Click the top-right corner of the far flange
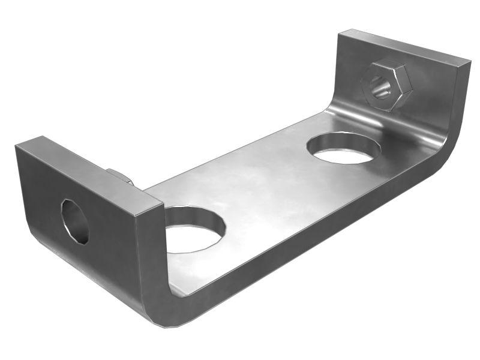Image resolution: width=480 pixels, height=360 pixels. [469, 60]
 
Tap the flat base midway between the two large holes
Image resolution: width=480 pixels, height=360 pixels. [264, 186]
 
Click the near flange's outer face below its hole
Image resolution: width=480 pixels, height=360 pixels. [84, 264]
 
